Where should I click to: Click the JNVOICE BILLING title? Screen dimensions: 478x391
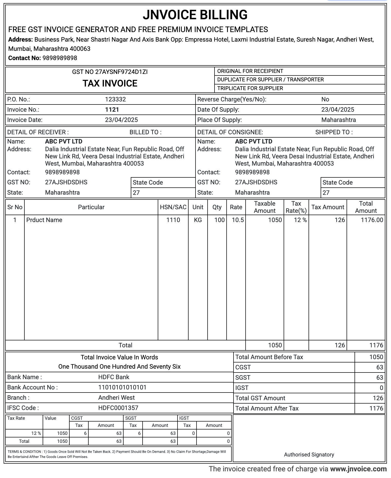pos(195,15)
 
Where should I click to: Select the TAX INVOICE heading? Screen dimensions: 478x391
pos(110,83)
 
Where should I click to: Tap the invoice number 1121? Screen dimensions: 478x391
pos(112,110)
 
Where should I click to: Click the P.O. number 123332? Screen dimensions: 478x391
pos(115,99)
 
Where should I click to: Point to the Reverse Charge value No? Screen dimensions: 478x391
pos(325,99)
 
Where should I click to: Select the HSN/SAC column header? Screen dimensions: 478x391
pos(173,207)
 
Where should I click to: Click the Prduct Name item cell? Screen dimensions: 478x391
pos(44,220)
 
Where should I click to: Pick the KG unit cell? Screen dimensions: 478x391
pos(198,220)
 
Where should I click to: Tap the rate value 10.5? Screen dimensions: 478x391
pos(238,220)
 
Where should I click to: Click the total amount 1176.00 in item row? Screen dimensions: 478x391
pos(372,220)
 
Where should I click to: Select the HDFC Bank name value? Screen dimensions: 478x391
pos(114,377)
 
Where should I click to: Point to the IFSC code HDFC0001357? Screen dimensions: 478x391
pos(118,408)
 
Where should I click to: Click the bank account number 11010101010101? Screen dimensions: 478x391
pos(122,387)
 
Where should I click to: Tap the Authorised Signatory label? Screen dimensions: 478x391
pos(309,455)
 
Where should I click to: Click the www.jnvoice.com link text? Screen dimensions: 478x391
pos(358,469)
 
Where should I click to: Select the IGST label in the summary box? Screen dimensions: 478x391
pos(242,388)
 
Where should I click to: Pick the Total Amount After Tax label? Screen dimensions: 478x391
pos(267,408)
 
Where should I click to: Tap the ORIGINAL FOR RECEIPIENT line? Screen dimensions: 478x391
pos(250,71)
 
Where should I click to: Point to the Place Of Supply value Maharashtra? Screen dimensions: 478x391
pos(338,120)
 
